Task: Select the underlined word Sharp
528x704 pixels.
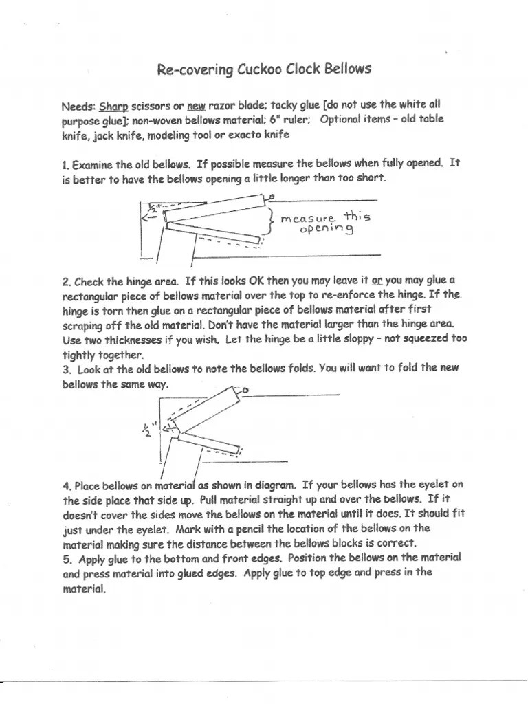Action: pyautogui.click(x=114, y=107)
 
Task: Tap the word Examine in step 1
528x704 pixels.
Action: pyautogui.click(x=94, y=165)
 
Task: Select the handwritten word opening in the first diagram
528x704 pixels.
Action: pyautogui.click(x=327, y=229)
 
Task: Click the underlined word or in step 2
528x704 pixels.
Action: pyautogui.click(x=376, y=281)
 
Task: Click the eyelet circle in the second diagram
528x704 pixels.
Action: pyautogui.click(x=245, y=392)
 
